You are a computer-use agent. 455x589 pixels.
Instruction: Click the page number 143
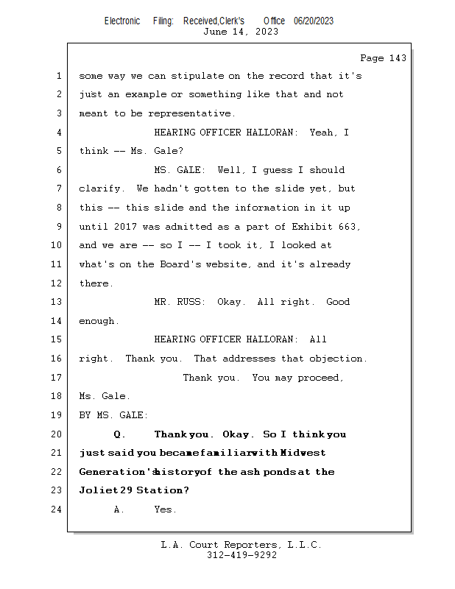coord(398,58)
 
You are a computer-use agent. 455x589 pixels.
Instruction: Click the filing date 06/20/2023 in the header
coord(314,21)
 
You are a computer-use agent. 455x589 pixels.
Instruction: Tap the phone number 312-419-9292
coord(241,555)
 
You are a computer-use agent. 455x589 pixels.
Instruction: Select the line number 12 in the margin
coord(57,283)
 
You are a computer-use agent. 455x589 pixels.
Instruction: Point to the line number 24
coord(57,509)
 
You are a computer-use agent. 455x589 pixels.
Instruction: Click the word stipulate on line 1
coord(197,76)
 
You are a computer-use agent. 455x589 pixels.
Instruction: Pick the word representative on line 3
coord(189,113)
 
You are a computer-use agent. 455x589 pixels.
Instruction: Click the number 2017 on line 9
coord(125,227)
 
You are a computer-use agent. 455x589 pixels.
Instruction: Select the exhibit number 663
coord(347,227)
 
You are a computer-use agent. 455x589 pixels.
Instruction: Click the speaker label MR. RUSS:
coord(180,302)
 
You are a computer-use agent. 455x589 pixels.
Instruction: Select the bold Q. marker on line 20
coord(119,434)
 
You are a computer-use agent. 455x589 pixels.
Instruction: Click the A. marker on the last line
coord(119,509)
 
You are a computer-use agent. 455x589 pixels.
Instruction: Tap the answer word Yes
coord(163,509)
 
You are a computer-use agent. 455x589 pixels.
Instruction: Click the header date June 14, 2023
coord(241,32)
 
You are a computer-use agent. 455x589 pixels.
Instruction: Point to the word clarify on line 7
coord(100,188)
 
